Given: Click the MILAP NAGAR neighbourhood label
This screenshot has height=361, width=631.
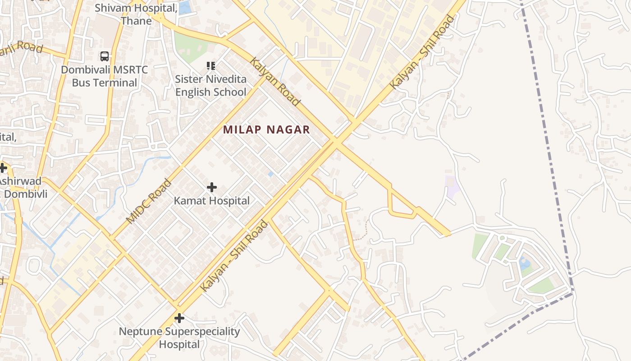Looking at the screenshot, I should point(266,130).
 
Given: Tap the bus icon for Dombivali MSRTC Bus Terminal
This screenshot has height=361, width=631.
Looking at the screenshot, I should point(105,56).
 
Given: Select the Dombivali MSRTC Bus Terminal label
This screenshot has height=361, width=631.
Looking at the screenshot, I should point(105,76).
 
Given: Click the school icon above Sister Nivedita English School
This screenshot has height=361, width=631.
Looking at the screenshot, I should point(210,66).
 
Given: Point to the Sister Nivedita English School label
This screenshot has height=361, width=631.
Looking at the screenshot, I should point(210,86).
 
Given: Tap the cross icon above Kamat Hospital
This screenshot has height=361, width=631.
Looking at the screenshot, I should point(211,187).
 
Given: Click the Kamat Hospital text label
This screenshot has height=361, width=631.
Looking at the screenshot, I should point(211,201).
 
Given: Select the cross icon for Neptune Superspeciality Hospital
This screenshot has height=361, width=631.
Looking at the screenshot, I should point(179,318).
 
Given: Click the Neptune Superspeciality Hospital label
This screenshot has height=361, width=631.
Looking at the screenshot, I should point(179,338).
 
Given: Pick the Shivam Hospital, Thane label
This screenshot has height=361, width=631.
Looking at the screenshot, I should point(136,14).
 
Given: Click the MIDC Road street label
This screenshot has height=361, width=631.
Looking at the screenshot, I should point(149,202).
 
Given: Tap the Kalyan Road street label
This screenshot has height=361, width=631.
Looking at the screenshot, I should point(275,82).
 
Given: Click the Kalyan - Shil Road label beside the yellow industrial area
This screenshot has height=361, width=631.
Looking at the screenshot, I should point(422,52).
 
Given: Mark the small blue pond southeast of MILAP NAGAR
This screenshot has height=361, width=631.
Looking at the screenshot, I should point(270,174).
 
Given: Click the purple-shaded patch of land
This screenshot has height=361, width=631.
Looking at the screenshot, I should point(452,187).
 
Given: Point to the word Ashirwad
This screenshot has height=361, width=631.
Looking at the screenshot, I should point(20,181).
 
